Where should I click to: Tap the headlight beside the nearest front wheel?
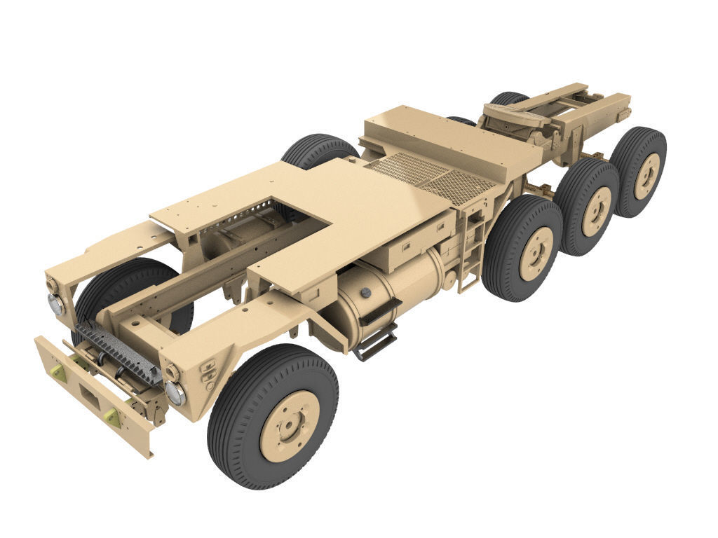175,392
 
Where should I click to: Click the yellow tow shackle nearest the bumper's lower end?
110,418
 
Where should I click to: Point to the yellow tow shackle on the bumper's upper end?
59,373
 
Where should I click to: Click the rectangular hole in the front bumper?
90,397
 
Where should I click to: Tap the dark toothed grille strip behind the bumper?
119,354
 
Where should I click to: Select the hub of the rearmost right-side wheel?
646,174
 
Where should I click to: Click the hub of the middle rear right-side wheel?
597,210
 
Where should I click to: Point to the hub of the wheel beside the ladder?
537,252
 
